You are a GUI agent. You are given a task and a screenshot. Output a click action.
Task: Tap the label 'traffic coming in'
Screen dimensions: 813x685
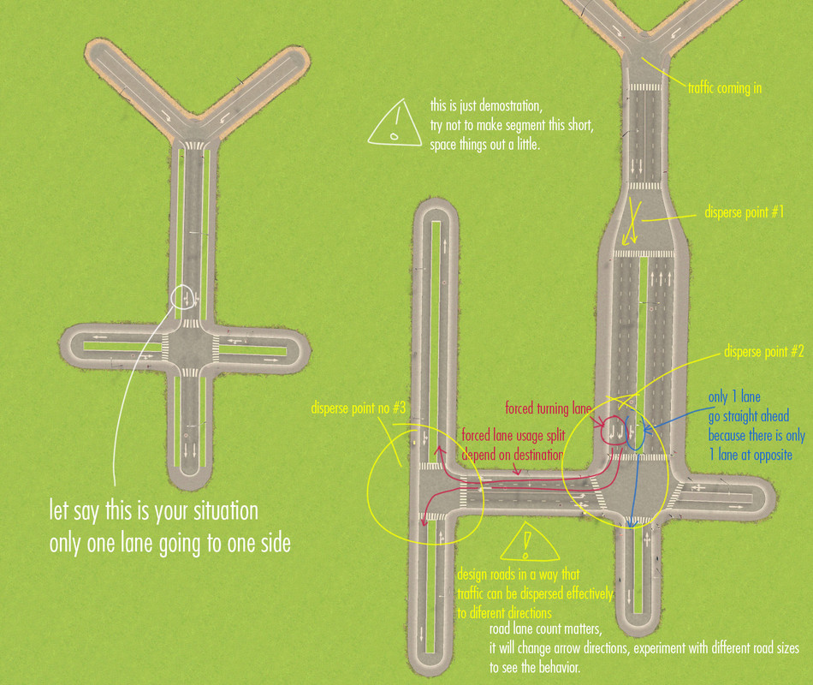tap(725, 88)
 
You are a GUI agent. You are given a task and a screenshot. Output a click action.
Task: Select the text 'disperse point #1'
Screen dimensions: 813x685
tap(744, 212)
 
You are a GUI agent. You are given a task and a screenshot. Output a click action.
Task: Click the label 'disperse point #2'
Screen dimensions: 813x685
tap(763, 352)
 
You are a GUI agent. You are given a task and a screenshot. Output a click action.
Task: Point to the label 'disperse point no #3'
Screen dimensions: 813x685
tap(359, 408)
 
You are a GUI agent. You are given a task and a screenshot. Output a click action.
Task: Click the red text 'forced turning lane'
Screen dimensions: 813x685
tap(548, 409)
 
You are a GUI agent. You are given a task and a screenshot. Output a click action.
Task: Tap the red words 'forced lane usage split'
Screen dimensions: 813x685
tap(513, 435)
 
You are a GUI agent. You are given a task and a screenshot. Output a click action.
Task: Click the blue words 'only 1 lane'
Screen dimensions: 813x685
tap(734, 397)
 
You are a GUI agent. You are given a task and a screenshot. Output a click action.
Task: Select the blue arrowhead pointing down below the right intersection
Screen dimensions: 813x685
tap(631, 523)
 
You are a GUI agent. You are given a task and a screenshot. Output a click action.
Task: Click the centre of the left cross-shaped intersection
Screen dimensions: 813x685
tap(190, 347)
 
